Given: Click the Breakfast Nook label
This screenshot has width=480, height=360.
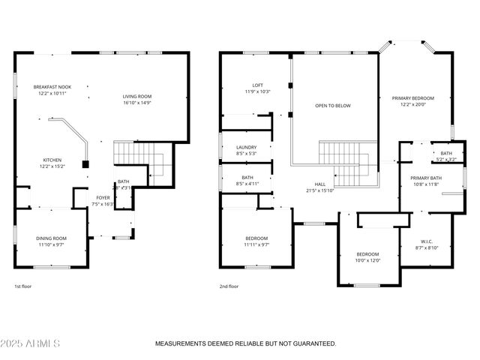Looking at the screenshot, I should [x=51, y=88].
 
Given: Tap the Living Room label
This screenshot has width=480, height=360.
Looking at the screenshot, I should [x=137, y=96].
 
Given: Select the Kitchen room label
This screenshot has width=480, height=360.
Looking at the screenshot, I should [x=51, y=160].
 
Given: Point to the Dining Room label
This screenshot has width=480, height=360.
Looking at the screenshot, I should [x=51, y=238].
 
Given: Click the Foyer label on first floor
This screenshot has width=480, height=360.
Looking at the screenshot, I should [x=101, y=198].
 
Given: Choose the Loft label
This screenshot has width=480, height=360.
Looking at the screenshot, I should [x=257, y=85].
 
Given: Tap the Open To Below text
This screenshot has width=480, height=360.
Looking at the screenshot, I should [x=332, y=106].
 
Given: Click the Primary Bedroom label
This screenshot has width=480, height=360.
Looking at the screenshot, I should [x=412, y=98].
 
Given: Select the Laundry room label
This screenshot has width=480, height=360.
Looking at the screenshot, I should [x=247, y=147].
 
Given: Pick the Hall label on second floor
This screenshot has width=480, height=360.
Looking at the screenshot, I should [x=319, y=184].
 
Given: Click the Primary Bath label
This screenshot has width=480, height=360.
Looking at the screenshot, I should [x=425, y=178].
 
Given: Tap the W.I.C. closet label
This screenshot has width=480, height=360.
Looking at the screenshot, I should [x=427, y=241].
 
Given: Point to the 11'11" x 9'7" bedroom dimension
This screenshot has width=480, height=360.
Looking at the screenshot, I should [x=256, y=244].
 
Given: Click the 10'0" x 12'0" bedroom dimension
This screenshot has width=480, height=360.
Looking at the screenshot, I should [x=367, y=260].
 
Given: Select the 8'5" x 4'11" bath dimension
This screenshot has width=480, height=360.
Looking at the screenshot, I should [x=247, y=183].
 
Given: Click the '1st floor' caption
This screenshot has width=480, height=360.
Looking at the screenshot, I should [x=23, y=286].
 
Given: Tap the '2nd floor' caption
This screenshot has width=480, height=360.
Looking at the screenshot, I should [x=229, y=286].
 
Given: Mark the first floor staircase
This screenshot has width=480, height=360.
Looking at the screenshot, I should [x=131, y=156].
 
